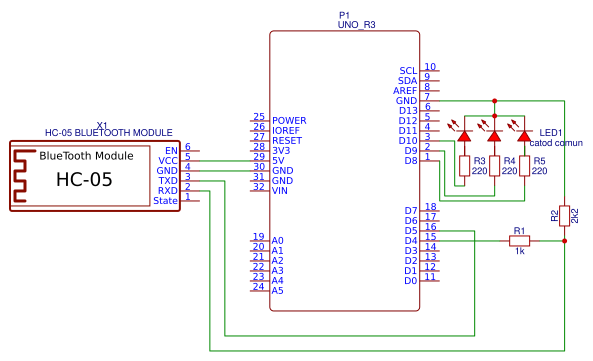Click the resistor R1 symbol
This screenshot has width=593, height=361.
click(519, 241)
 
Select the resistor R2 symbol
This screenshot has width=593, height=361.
click(565, 215)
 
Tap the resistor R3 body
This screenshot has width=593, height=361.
click(464, 166)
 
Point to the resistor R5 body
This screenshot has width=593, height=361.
click(523, 166)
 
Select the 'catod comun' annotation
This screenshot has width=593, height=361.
click(557, 143)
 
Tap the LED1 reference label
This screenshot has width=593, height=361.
click(551, 132)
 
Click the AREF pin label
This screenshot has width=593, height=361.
click(405, 91)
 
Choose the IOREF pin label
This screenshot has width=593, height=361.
click(286, 130)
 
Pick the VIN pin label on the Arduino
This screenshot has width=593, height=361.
click(282, 190)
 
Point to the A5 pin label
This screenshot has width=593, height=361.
click(277, 291)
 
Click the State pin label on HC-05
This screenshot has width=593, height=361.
click(165, 201)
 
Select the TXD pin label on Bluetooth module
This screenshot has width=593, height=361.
click(167, 181)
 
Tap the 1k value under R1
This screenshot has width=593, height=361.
click(519, 251)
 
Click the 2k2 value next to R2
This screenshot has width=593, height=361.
click(575, 215)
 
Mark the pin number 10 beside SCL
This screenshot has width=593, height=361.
click(430, 67)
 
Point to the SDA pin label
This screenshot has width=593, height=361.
click(407, 81)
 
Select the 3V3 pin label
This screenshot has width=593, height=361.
click(281, 150)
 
